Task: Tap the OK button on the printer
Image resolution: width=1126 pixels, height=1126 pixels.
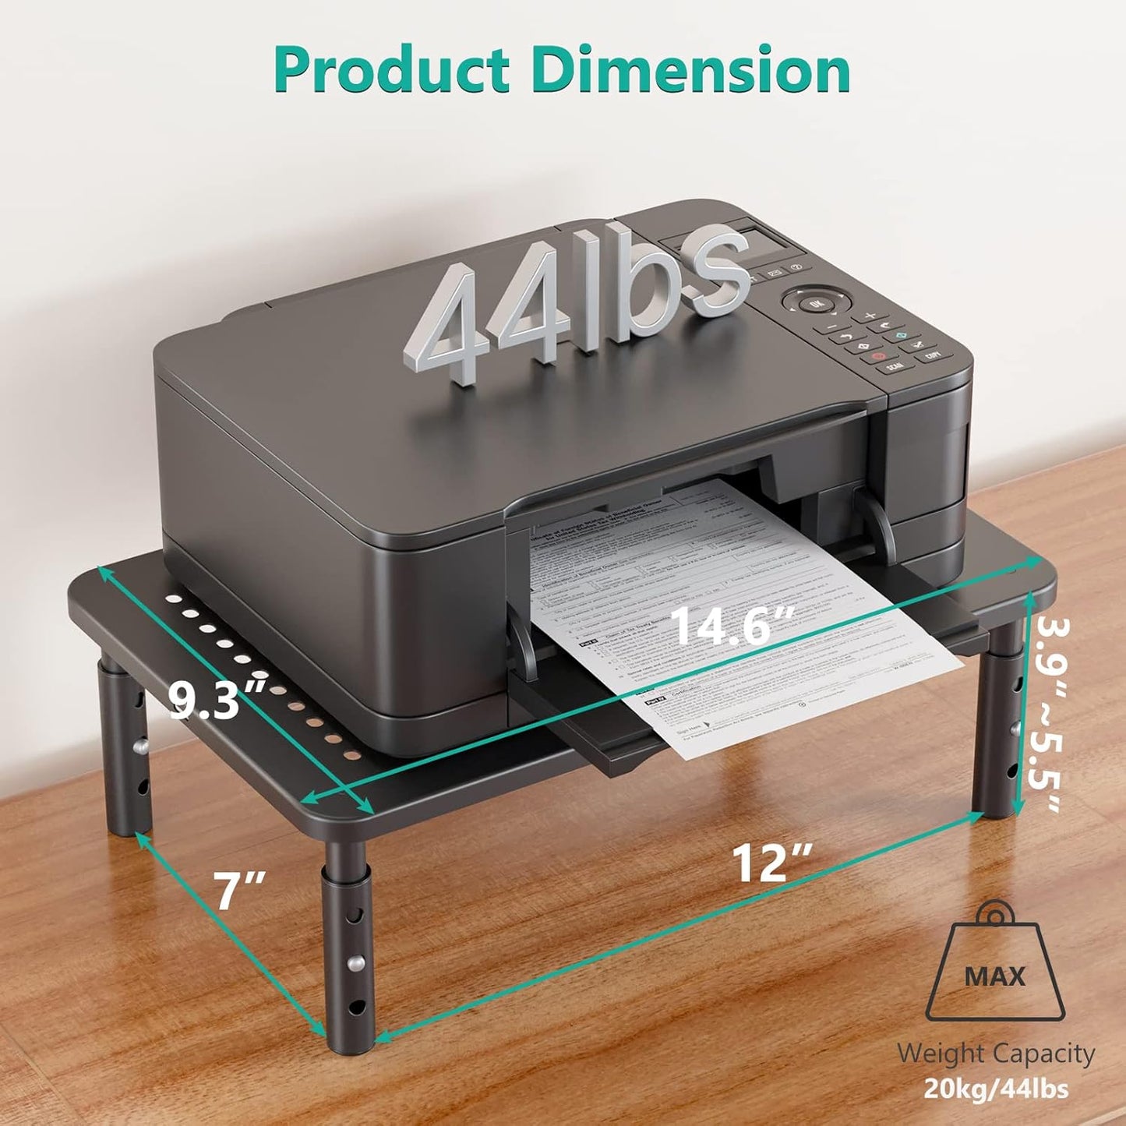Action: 816,302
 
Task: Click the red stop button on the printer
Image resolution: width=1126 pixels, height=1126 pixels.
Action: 878,356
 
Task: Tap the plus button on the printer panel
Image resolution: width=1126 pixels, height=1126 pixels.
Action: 869,316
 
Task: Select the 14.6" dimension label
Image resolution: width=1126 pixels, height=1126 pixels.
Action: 731,625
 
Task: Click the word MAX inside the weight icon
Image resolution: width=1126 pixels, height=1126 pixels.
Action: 994,976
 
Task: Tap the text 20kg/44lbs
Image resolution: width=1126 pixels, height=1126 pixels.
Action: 996,1088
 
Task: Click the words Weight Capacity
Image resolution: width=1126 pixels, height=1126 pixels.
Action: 995,1054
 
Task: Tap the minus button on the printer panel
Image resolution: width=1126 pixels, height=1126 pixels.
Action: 833,327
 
